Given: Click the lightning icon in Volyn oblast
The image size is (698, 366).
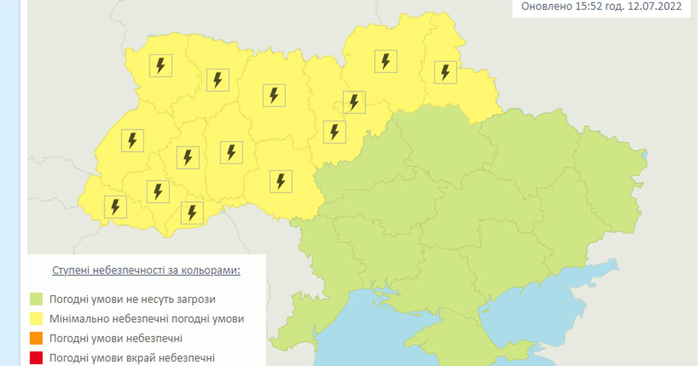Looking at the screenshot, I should tap(160, 65).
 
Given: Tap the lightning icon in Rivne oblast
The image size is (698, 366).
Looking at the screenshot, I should tap(217, 80).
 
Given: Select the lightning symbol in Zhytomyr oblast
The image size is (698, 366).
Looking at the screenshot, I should tap(274, 95).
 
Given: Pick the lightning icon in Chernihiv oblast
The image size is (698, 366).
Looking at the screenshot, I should tap(385, 61).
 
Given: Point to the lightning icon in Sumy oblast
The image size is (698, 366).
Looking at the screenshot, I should tap(445, 73).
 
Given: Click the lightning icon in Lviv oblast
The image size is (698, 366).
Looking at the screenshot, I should tap(132, 140).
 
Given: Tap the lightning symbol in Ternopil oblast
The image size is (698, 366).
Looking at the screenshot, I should tap(188, 158).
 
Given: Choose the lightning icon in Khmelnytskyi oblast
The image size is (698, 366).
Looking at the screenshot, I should tap(231, 152).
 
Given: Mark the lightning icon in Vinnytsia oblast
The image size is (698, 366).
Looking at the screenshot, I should tap(281, 181).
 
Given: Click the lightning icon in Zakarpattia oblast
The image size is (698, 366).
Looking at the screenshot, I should tap(115, 207).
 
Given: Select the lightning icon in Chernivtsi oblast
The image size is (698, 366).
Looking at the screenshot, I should tap(192, 213).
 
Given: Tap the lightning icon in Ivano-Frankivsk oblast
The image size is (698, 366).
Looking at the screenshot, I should tap(158, 191).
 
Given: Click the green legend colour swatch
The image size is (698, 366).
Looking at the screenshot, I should tap(36, 299).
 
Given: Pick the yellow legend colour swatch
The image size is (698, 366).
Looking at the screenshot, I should tap(36, 319).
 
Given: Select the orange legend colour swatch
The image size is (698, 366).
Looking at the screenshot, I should tap(36, 338).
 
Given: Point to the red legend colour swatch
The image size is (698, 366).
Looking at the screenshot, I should tap(36, 358).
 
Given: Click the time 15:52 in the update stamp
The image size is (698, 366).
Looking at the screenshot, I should tap(589, 7).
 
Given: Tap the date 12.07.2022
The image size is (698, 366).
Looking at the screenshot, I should tap(654, 7).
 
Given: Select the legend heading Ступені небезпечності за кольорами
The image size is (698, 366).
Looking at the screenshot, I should tap(146, 271).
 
